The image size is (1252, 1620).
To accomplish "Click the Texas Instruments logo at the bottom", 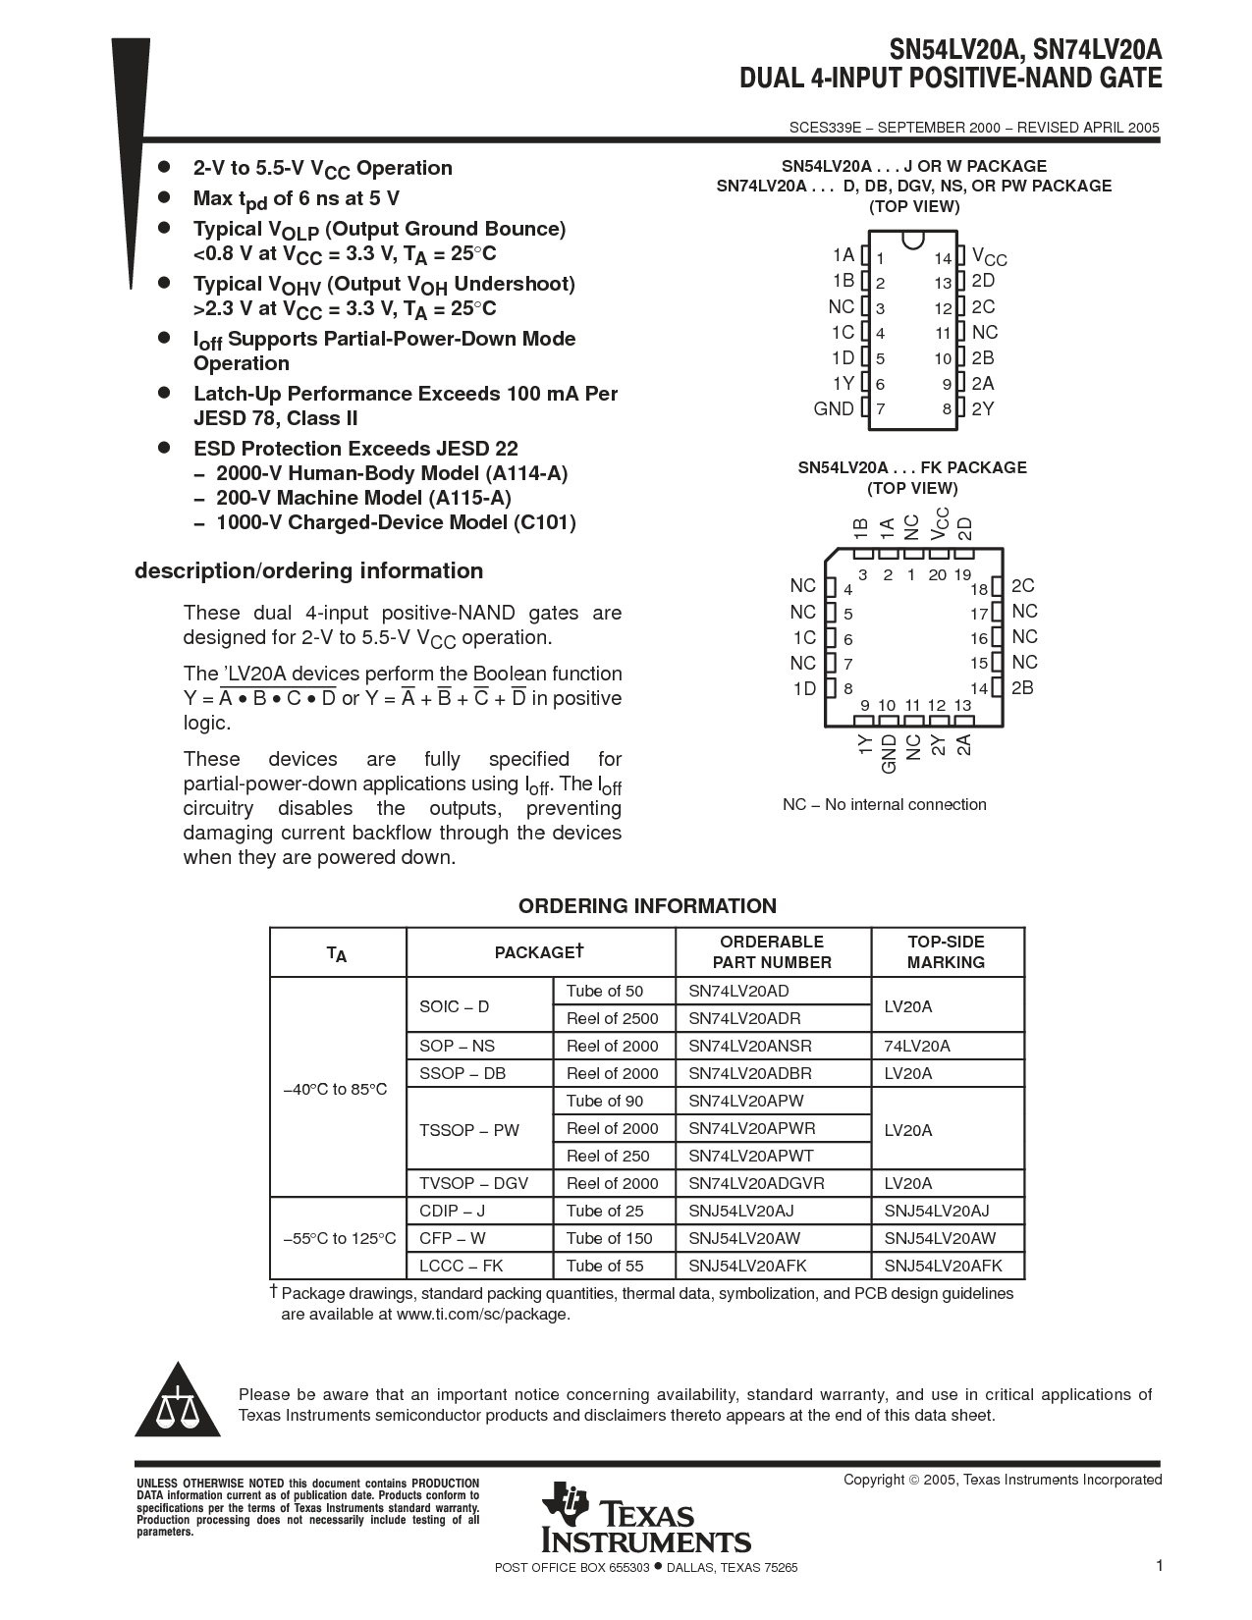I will click(x=645, y=1517).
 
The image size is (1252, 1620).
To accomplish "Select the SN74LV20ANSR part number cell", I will click(x=750, y=1046).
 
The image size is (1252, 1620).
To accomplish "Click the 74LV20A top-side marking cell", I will click(x=917, y=1046).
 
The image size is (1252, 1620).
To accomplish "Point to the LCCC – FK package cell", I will click(x=461, y=1266).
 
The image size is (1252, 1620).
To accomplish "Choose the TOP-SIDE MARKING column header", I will click(x=946, y=951).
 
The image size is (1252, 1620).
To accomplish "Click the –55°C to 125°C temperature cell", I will click(x=339, y=1238).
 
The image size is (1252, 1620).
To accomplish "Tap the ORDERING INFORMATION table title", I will click(x=647, y=906).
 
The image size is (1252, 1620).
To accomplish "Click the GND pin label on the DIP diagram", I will click(x=834, y=408).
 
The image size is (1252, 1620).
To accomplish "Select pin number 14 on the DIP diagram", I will click(x=943, y=259).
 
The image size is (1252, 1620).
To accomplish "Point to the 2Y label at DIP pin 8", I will click(x=983, y=408).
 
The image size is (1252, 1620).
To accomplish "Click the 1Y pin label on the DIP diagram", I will click(x=843, y=383).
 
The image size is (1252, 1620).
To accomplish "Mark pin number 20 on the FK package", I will click(x=937, y=574).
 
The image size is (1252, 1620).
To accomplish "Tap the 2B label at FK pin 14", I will click(x=1022, y=688).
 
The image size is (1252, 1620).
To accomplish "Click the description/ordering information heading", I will click(x=308, y=571).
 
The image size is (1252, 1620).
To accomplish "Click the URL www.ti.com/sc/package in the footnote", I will click(x=481, y=1314).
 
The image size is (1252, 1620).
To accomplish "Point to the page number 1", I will click(x=1159, y=1566).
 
